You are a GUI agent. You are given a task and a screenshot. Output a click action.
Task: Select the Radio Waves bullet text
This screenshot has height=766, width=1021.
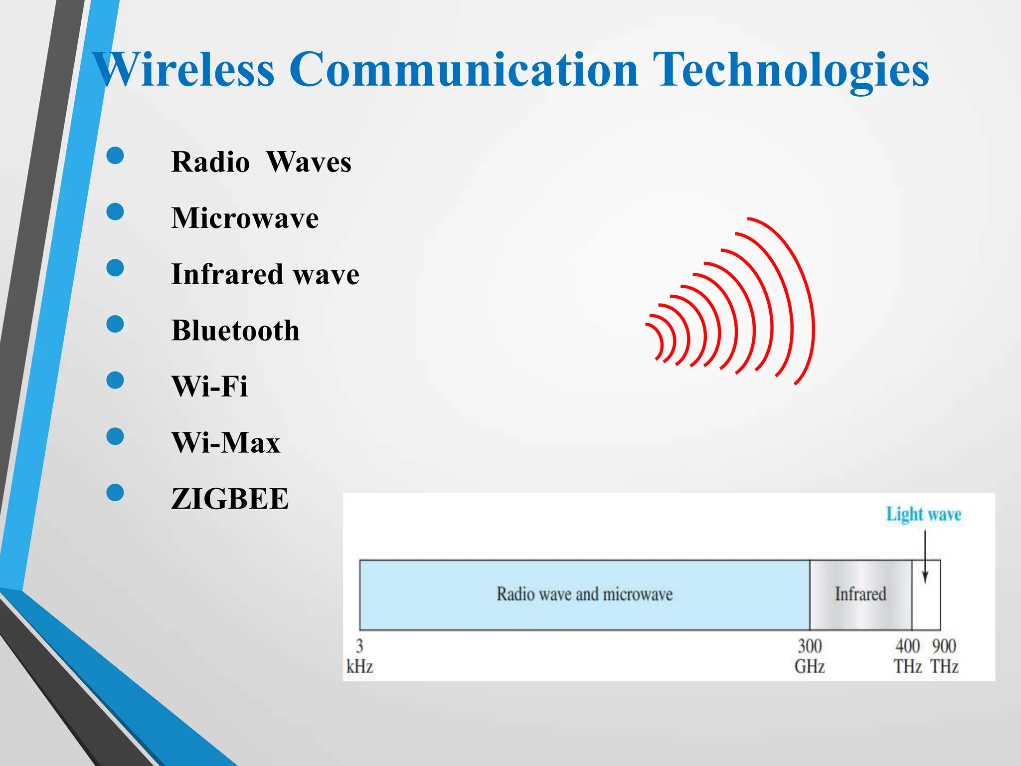pos(261,162)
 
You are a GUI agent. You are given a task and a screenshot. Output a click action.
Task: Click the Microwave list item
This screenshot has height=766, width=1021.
pos(245,218)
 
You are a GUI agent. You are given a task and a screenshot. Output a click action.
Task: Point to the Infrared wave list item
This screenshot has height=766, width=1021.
pos(265,274)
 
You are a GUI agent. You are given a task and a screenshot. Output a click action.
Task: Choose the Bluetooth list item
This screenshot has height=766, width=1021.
pos(235,331)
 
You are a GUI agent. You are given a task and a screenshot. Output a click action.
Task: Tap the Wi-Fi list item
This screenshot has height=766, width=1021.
pos(209,386)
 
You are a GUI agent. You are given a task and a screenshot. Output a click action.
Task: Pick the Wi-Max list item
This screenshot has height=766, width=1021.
pos(226,443)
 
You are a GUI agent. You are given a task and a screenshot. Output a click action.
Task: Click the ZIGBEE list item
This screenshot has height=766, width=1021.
pos(230,499)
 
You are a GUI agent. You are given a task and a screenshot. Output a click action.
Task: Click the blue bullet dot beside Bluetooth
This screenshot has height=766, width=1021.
pos(115,324)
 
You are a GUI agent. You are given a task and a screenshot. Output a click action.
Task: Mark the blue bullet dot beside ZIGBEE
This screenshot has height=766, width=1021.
pos(115,493)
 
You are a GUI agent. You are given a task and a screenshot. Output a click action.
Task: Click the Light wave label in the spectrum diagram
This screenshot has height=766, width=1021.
pos(923,514)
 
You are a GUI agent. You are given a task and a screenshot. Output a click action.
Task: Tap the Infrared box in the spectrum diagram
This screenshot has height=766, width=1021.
pos(860,594)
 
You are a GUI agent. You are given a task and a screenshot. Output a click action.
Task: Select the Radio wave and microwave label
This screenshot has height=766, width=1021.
pos(584,594)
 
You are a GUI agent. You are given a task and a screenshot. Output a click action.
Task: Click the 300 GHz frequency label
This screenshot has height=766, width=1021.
pos(810,656)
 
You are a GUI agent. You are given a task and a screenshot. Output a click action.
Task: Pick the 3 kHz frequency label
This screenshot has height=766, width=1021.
pos(359,656)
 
